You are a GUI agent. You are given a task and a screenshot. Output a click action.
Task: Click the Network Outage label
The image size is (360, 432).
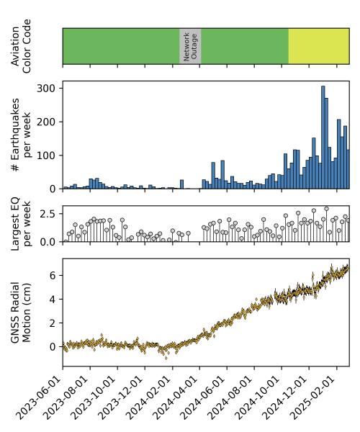click(190, 46)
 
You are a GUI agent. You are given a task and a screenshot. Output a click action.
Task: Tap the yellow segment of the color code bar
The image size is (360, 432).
click(318, 46)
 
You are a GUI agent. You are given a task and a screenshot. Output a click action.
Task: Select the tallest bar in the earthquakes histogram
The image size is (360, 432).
click(323, 137)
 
